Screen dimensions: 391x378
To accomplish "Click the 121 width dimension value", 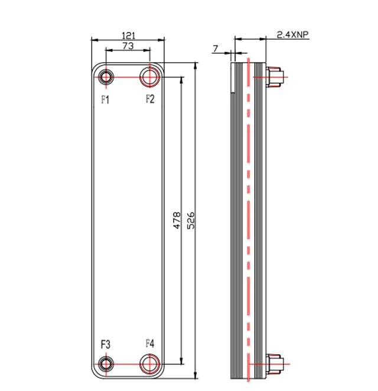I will click(128, 35).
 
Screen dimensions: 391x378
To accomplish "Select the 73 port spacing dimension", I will click(128, 46).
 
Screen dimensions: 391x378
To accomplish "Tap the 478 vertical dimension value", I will click(177, 220).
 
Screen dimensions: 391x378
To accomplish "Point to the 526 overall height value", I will click(191, 220).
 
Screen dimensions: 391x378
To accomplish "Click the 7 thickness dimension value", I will click(216, 47).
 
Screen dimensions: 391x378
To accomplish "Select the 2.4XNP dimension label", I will click(292, 35).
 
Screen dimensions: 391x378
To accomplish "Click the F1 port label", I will click(105, 99).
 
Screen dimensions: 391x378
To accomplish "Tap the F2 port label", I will click(150, 99).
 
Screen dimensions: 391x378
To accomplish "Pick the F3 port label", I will click(105, 344).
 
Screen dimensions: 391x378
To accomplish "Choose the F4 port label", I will click(150, 344).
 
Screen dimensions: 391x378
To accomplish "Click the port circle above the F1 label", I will click(106, 77).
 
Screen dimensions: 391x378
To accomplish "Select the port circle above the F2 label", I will click(149, 77).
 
